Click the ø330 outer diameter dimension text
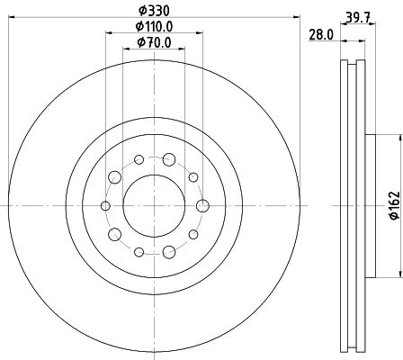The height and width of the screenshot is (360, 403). (x=154, y=12)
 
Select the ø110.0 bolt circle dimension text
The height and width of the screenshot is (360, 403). (x=154, y=26)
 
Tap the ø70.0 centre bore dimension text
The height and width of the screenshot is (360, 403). (x=154, y=42)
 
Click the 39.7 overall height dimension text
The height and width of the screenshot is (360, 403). (x=355, y=15)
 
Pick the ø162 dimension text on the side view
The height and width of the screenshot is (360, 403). (x=392, y=207)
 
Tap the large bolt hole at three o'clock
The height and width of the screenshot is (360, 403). (x=202, y=205)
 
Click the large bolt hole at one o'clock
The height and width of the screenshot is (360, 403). (x=169, y=159)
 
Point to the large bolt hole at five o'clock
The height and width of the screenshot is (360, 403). (x=169, y=251)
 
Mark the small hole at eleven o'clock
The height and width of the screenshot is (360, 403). (x=139, y=159)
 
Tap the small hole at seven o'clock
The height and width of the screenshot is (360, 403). (x=139, y=251)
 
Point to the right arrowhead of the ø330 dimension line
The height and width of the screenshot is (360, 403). (x=294, y=20)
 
